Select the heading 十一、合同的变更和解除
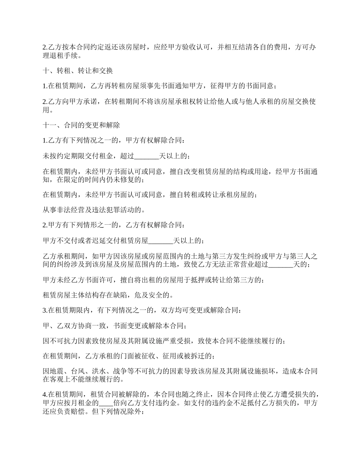pos(81,125)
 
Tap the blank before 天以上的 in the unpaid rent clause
pos(147,156)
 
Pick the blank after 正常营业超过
pos(280,264)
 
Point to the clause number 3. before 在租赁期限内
pos(45,310)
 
